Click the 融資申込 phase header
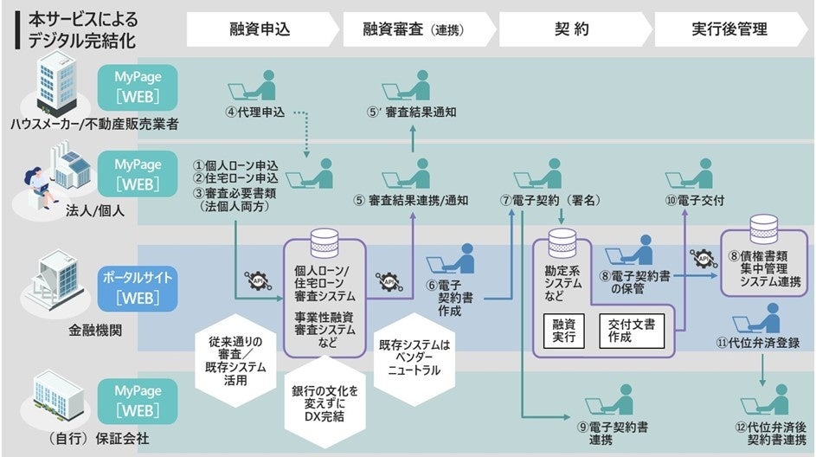click(260, 29)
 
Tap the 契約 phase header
click(571, 29)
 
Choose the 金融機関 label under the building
click(93, 330)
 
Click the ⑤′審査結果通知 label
click(410, 112)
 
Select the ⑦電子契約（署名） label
click(550, 200)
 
